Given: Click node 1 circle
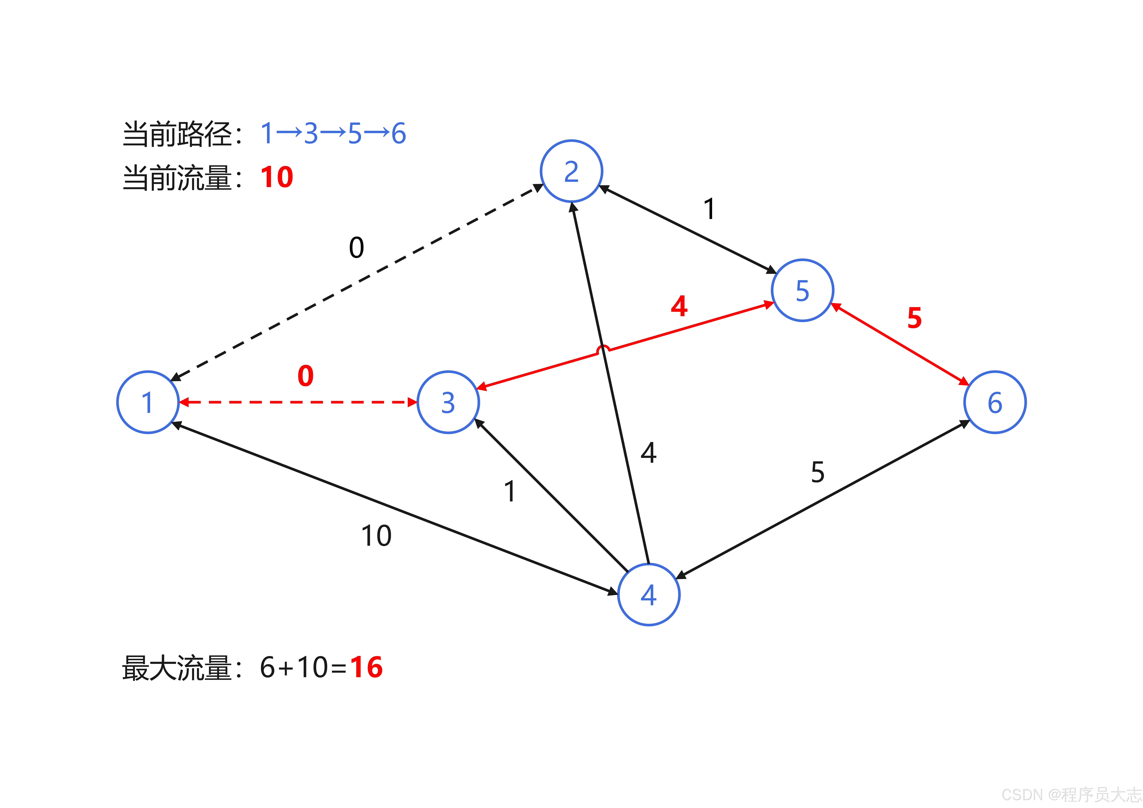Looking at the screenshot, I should point(148,402).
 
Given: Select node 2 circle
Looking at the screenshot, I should point(572,171).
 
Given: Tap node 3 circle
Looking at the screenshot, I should point(448,402).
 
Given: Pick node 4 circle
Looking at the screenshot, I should point(649,594).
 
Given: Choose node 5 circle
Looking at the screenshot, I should point(802,290).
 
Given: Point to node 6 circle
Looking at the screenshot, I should point(995,402).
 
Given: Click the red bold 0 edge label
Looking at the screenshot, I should point(306,376).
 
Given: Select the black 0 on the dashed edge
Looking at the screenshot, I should point(356,247).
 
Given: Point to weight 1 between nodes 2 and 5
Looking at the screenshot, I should point(709,209).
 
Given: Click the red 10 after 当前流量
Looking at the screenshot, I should point(277,177).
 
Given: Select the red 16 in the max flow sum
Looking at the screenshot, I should point(366,667).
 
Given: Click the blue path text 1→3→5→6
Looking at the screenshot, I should point(334,133).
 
